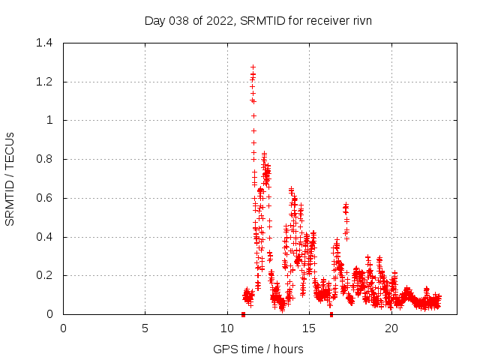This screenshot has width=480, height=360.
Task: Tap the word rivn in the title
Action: (361, 21)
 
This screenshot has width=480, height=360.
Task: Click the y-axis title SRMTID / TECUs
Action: (10, 178)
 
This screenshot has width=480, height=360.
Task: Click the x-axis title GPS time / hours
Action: (258, 349)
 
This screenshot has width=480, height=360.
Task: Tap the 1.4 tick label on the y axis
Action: (44, 43)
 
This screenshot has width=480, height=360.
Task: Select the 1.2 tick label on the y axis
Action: (44, 82)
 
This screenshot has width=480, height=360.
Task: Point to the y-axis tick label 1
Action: (49, 120)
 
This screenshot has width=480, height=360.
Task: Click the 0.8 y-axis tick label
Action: (44, 159)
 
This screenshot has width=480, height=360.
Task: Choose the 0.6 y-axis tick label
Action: (44, 198)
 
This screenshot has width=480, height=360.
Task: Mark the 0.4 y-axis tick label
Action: (44, 237)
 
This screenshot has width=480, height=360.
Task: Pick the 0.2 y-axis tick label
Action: (44, 275)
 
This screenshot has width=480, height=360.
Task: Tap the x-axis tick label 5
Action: (145, 328)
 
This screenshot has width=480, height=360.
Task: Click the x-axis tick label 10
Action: (227, 328)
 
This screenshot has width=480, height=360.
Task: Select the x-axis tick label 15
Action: (309, 328)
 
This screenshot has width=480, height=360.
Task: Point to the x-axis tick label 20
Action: (391, 328)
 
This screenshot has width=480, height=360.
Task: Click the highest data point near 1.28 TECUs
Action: (253, 67)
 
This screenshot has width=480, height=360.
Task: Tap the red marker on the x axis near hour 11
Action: (243, 314)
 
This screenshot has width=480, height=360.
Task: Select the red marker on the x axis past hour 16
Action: (331, 314)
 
